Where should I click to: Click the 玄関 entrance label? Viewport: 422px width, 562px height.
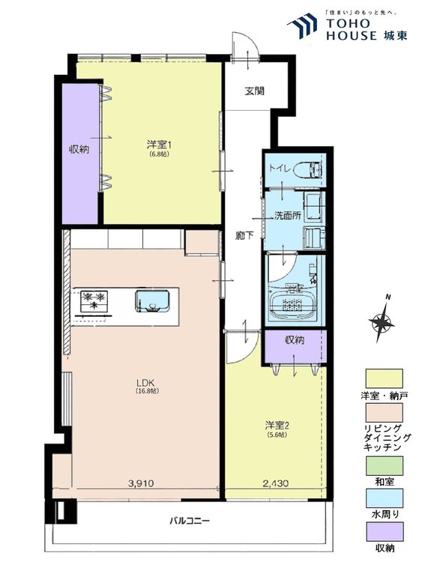255,91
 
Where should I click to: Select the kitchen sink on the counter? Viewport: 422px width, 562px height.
152,300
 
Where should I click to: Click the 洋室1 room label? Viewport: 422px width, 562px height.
159,145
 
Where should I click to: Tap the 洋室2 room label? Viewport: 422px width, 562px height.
277,426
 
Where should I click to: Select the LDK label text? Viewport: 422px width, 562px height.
147,382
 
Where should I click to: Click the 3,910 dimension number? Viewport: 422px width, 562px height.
141,483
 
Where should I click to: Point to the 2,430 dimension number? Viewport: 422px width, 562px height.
275,483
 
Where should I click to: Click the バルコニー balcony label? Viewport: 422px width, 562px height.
190,521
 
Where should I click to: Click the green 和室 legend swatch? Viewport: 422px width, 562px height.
384,465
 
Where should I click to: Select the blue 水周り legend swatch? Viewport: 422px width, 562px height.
384,498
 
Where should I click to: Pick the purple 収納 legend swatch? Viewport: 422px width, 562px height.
384,531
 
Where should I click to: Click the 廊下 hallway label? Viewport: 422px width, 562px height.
244,235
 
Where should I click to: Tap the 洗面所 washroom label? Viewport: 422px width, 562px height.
287,216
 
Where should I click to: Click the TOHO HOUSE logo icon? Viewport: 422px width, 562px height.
302,25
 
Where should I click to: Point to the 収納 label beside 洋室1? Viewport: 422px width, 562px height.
79,149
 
